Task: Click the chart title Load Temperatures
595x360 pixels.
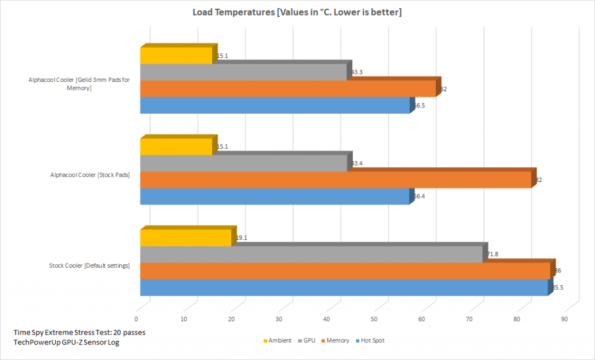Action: (297, 13)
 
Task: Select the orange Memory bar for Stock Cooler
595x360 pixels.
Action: (345, 271)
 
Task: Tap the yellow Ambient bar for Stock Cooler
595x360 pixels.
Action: (186, 237)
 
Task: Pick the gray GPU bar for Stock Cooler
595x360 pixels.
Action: (311, 254)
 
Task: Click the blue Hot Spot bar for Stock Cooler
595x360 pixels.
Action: (343, 287)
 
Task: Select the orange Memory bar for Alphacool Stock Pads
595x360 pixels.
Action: (335, 180)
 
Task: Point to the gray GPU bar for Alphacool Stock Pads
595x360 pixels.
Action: (243, 163)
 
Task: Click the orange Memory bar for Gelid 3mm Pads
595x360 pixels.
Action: (288, 89)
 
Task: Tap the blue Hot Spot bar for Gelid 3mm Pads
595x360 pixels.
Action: (275, 105)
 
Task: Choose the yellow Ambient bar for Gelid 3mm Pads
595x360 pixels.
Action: (176, 56)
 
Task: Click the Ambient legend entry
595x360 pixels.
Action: (277, 341)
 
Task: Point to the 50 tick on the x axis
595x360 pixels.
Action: (374, 319)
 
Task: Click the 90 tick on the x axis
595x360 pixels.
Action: (564, 319)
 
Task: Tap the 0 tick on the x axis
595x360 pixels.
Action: (137, 319)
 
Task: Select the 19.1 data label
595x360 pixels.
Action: (242, 237)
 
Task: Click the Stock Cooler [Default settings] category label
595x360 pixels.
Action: (89, 266)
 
